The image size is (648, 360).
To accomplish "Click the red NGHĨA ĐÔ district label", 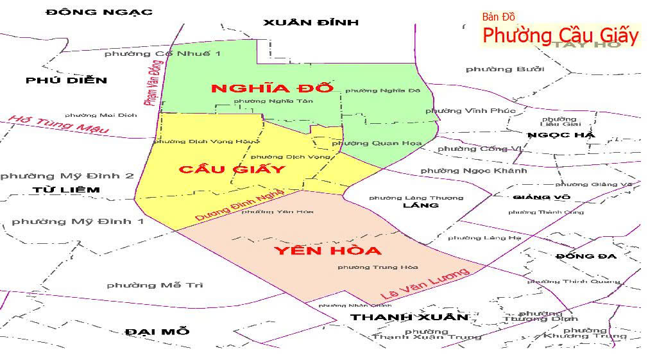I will [x=273, y=89].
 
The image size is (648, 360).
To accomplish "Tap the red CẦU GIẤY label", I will [x=232, y=169].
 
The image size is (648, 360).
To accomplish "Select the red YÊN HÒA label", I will [x=327, y=250].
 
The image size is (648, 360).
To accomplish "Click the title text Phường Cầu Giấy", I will [x=560, y=35].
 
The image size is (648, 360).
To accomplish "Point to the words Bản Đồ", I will [x=499, y=17].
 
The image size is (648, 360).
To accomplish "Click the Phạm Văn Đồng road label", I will [x=152, y=82].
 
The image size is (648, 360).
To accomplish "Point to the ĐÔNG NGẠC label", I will [x=99, y=12].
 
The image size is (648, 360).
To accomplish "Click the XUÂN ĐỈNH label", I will [x=311, y=22].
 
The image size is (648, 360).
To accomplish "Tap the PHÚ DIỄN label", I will [x=67, y=80].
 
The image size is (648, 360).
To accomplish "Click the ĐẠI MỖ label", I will [x=157, y=331].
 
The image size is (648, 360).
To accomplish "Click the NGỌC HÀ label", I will [x=561, y=135].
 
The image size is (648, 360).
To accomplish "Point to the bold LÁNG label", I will [x=420, y=205].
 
